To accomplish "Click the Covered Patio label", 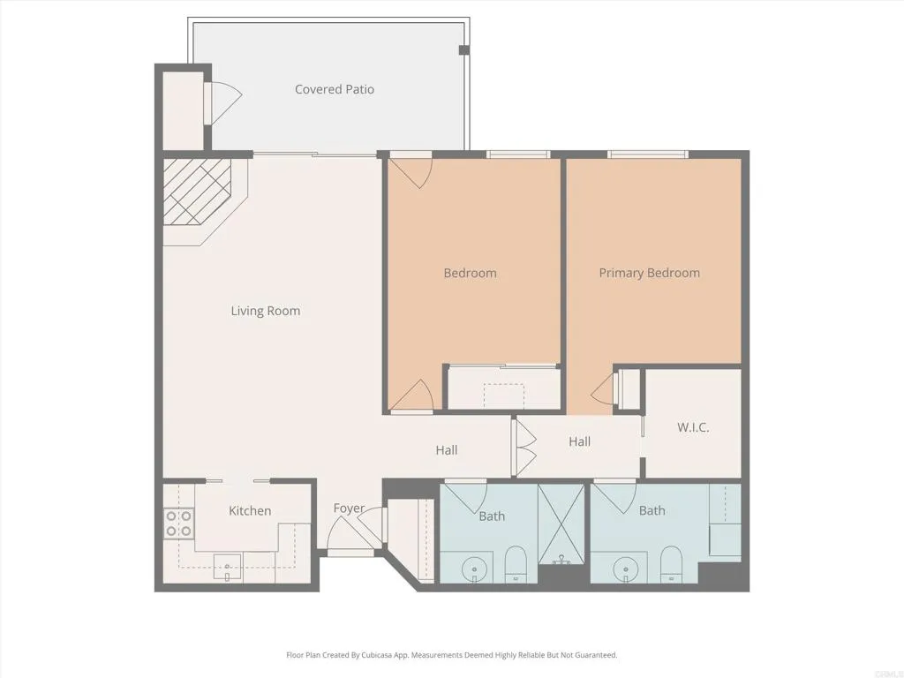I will pyautogui.click(x=335, y=89).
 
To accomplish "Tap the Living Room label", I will pyautogui.click(x=266, y=311).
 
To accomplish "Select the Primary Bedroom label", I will pyautogui.click(x=649, y=273).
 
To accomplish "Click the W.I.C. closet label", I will pyautogui.click(x=693, y=427).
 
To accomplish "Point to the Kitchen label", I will pyautogui.click(x=250, y=510).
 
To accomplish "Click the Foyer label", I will pyautogui.click(x=349, y=508).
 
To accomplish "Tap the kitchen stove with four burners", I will pyautogui.click(x=179, y=524).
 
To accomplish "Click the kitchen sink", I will pyautogui.click(x=228, y=567).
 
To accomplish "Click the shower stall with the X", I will pyautogui.click(x=561, y=524).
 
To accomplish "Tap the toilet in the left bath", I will pyautogui.click(x=516, y=562).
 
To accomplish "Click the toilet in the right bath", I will pyautogui.click(x=671, y=562).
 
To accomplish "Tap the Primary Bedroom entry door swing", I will pyautogui.click(x=606, y=388).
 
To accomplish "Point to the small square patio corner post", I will pyautogui.click(x=463, y=49).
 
